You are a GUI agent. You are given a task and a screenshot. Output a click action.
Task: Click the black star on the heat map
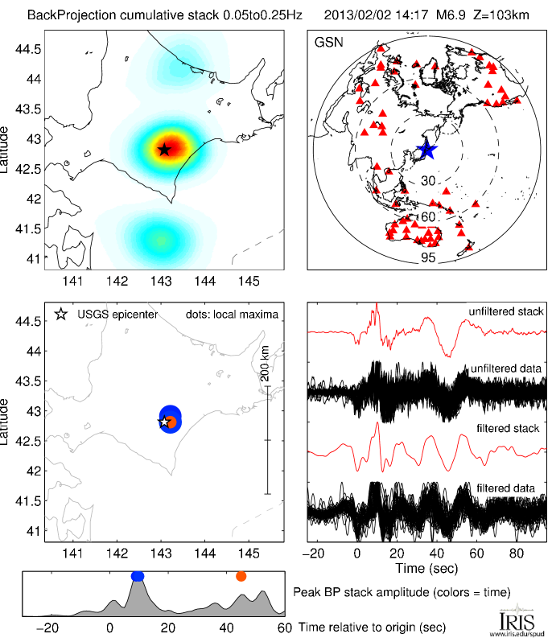click(x=164, y=150)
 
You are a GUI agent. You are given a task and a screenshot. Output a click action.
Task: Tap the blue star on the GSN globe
click(x=426, y=150)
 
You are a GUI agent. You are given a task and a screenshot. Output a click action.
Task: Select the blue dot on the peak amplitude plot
click(x=138, y=576)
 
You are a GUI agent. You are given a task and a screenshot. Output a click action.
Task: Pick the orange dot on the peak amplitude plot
click(x=241, y=576)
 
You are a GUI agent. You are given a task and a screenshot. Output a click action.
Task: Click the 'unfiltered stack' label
click(x=506, y=311)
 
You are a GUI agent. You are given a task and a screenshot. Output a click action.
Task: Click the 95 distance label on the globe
click(x=427, y=259)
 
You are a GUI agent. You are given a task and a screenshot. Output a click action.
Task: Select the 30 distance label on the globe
click(x=427, y=182)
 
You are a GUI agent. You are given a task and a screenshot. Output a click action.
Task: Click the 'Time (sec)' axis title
click(x=426, y=568)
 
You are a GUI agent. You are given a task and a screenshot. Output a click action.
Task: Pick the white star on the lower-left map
click(x=163, y=422)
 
